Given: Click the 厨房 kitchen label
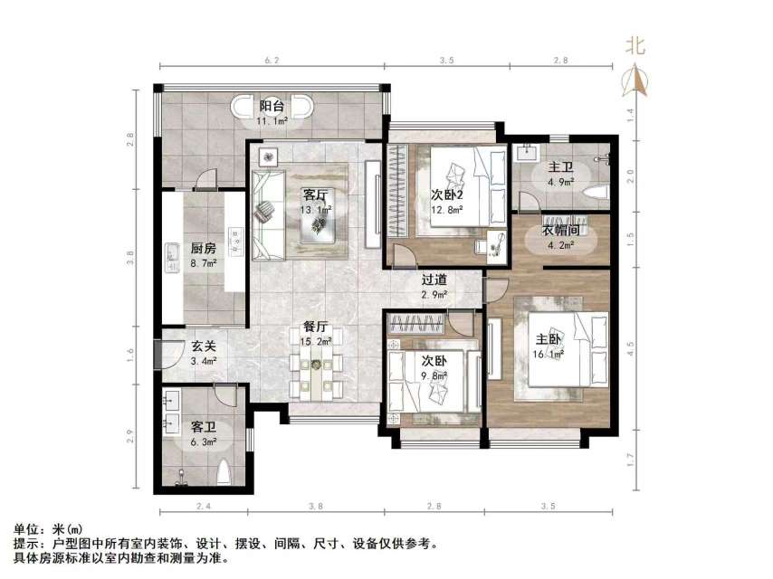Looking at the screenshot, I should point(203,248).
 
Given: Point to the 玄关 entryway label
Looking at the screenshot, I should point(203,346).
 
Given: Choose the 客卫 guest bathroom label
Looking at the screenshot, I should point(203,426).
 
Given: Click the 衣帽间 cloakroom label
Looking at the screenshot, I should point(560,230).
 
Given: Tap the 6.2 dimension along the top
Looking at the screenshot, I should point(272,59).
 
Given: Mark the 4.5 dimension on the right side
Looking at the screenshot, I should point(631,343).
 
